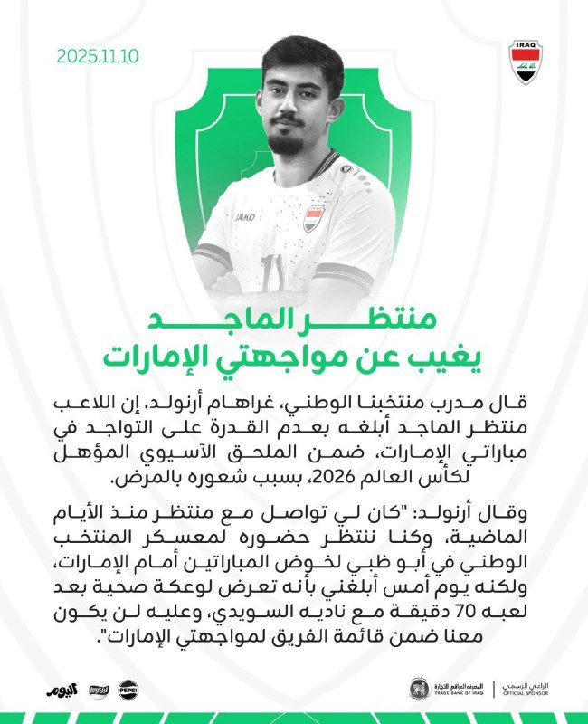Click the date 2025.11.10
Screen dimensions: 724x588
pyautogui.click(x=99, y=55)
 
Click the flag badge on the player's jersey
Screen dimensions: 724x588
pyautogui.click(x=314, y=218)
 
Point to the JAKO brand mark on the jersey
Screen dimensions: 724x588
pyautogui.click(x=245, y=217)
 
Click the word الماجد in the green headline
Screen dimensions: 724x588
pyautogui.click(x=229, y=320)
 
